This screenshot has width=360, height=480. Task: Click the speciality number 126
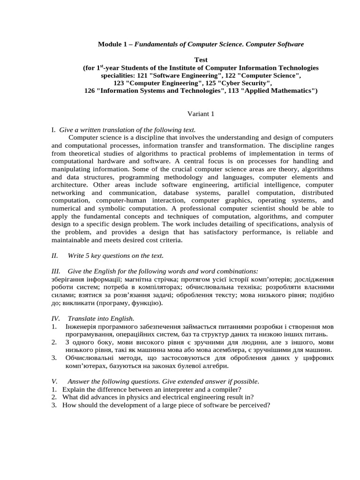(x=90, y=90)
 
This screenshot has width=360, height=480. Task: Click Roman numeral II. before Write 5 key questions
(x=54, y=255)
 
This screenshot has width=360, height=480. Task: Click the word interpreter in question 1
(x=165, y=390)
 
